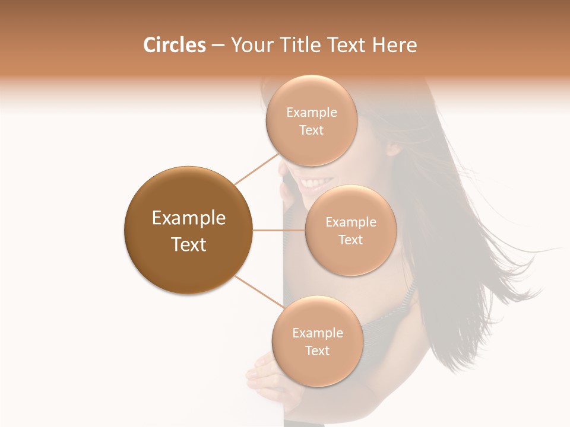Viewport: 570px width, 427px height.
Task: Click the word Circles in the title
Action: pyautogui.click(x=174, y=45)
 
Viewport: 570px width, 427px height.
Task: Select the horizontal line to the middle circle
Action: pyautogui.click(x=279, y=230)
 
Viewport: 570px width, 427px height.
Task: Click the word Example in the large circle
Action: pyautogui.click(x=189, y=218)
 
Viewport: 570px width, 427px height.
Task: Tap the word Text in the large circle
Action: pyautogui.click(x=189, y=244)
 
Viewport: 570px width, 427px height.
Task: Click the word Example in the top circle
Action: pyautogui.click(x=311, y=113)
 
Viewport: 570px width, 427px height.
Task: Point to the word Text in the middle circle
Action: pyautogui.click(x=351, y=240)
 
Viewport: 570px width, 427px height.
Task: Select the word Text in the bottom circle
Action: pyautogui.click(x=317, y=350)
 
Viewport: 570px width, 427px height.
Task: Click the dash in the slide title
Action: pyautogui.click(x=218, y=46)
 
